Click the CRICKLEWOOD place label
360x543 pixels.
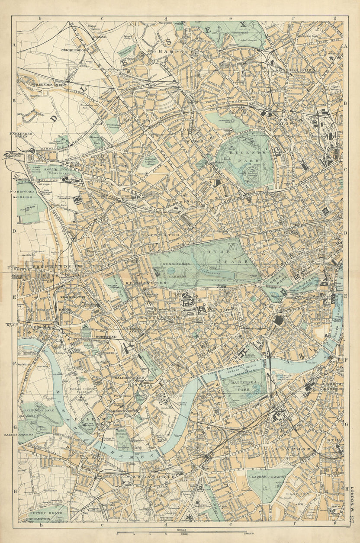(74, 50)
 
